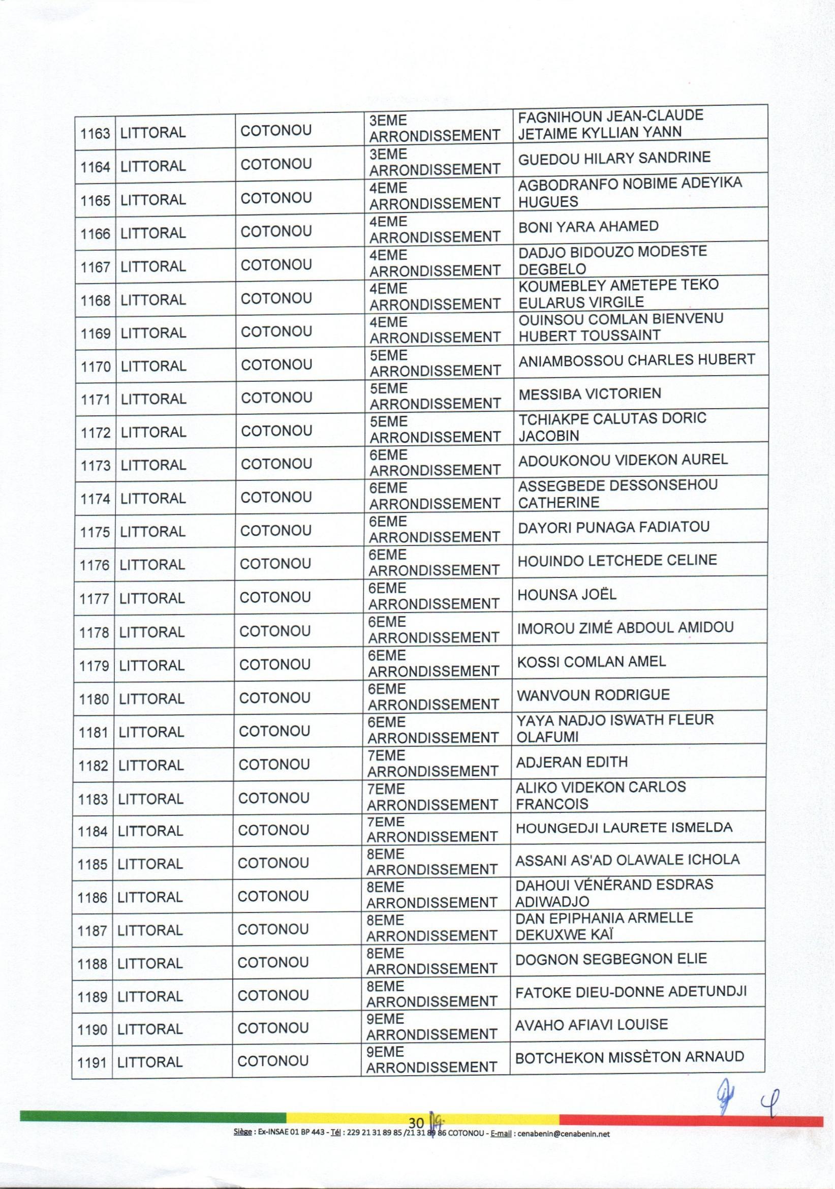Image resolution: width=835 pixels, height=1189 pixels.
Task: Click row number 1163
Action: click(95, 134)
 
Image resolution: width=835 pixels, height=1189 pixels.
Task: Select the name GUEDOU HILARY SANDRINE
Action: click(614, 158)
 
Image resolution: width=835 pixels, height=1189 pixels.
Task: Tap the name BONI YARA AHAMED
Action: click(588, 226)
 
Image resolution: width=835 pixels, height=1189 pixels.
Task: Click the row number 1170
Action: click(96, 367)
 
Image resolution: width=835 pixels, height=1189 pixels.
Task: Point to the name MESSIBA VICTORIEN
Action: click(590, 393)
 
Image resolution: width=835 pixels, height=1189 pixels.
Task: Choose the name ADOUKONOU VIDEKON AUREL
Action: click(623, 460)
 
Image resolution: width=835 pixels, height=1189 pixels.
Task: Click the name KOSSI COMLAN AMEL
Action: click(591, 661)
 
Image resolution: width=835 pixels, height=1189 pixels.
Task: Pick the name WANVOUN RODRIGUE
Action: click(593, 694)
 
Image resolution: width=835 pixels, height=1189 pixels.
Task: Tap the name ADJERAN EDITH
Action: click(572, 762)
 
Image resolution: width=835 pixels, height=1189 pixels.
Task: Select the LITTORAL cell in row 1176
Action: click(151, 564)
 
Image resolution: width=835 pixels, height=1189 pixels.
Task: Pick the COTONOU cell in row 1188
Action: click(273, 963)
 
